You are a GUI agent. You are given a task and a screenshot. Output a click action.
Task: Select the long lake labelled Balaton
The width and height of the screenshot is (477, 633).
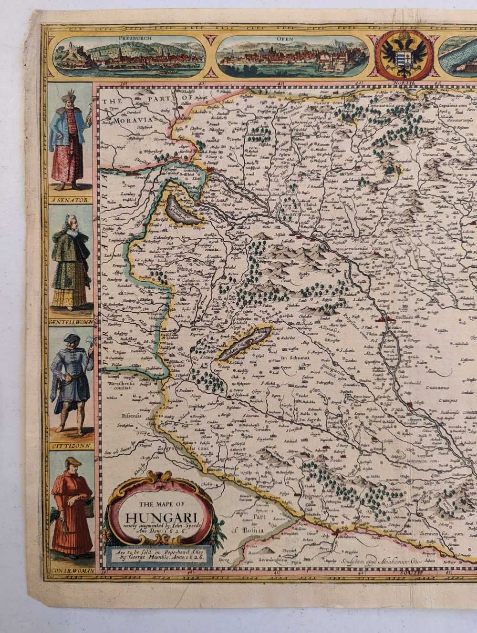point(244,339)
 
